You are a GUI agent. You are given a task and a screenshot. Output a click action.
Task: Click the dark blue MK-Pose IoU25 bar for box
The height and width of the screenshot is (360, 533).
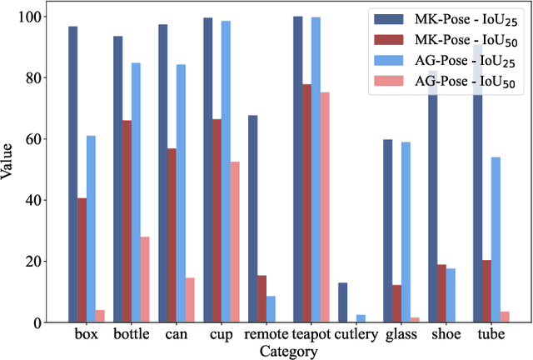click(72, 174)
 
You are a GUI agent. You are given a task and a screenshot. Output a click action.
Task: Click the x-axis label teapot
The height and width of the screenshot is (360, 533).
click(316, 335)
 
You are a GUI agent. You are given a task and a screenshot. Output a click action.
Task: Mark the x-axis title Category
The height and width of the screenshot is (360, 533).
click(288, 352)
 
